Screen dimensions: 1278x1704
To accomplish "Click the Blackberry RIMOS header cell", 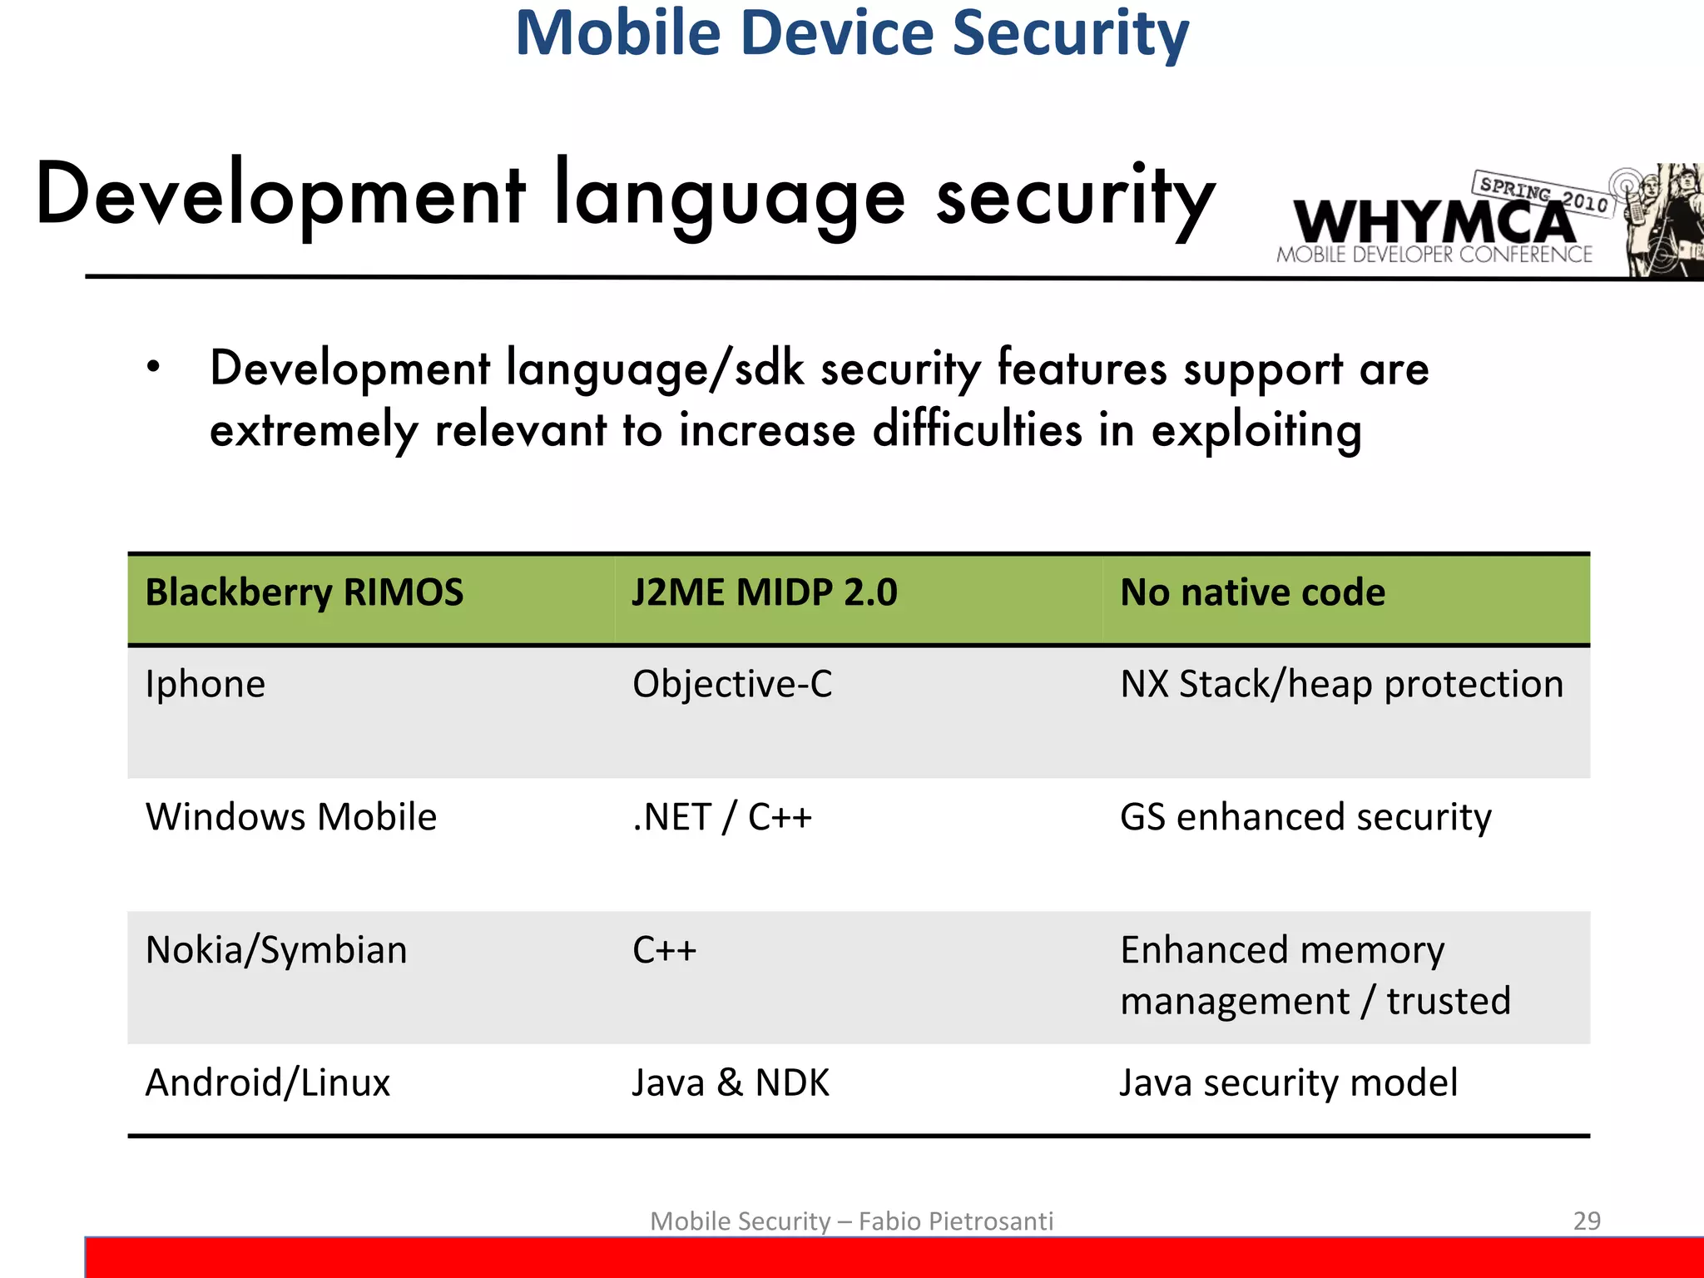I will pos(304,593).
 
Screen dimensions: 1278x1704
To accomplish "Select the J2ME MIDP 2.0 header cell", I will pos(764,593).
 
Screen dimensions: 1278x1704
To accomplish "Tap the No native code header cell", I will pos(1252,593).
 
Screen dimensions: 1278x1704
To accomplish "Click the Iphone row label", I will pos(206,685).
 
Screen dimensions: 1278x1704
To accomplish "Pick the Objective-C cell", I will pos(732,685).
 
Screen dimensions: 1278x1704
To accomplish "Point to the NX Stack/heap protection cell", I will pos(1341,685).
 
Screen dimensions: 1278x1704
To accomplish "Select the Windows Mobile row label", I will pos(291,817).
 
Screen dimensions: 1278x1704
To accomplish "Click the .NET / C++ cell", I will pos(721,817).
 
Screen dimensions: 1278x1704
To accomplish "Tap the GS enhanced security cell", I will pos(1305,817).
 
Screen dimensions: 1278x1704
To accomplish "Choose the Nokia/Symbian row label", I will pos(276,950).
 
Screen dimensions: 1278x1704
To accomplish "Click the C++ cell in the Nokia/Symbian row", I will pos(664,950).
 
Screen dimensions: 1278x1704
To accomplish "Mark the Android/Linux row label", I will pos(268,1083).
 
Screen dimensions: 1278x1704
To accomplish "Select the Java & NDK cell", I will pos(731,1083).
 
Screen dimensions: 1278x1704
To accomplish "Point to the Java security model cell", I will pos(1288,1083).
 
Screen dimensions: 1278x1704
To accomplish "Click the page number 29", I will pos(1587,1221).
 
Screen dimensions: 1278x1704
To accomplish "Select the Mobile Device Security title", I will pos(852,33).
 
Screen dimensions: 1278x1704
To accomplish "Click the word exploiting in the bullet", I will pos(1256,431).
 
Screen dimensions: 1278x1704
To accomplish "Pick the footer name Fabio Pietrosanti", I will pos(955,1221).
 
